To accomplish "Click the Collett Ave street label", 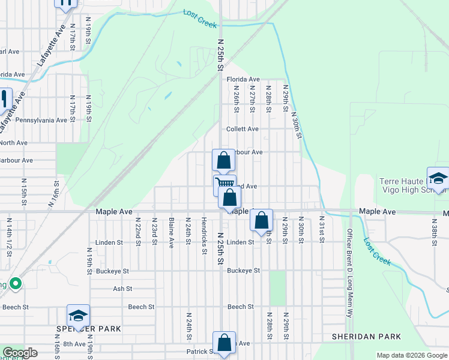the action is (x=243, y=129).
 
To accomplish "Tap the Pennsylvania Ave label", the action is (x=41, y=120).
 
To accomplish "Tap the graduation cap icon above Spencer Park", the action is (x=77, y=315).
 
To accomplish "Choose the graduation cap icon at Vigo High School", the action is (x=439, y=178).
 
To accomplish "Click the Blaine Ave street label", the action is (x=172, y=233).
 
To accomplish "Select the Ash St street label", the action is (x=122, y=289).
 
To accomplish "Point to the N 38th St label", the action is (x=433, y=229).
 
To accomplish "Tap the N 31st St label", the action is (x=322, y=229).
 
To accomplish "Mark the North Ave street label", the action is (x=14, y=143).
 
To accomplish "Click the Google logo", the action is (x=20, y=353).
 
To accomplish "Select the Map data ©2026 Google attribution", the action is (x=411, y=355).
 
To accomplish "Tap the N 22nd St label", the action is (x=137, y=232).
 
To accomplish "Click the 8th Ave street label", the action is (x=74, y=344).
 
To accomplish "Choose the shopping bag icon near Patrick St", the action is (x=224, y=343).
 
